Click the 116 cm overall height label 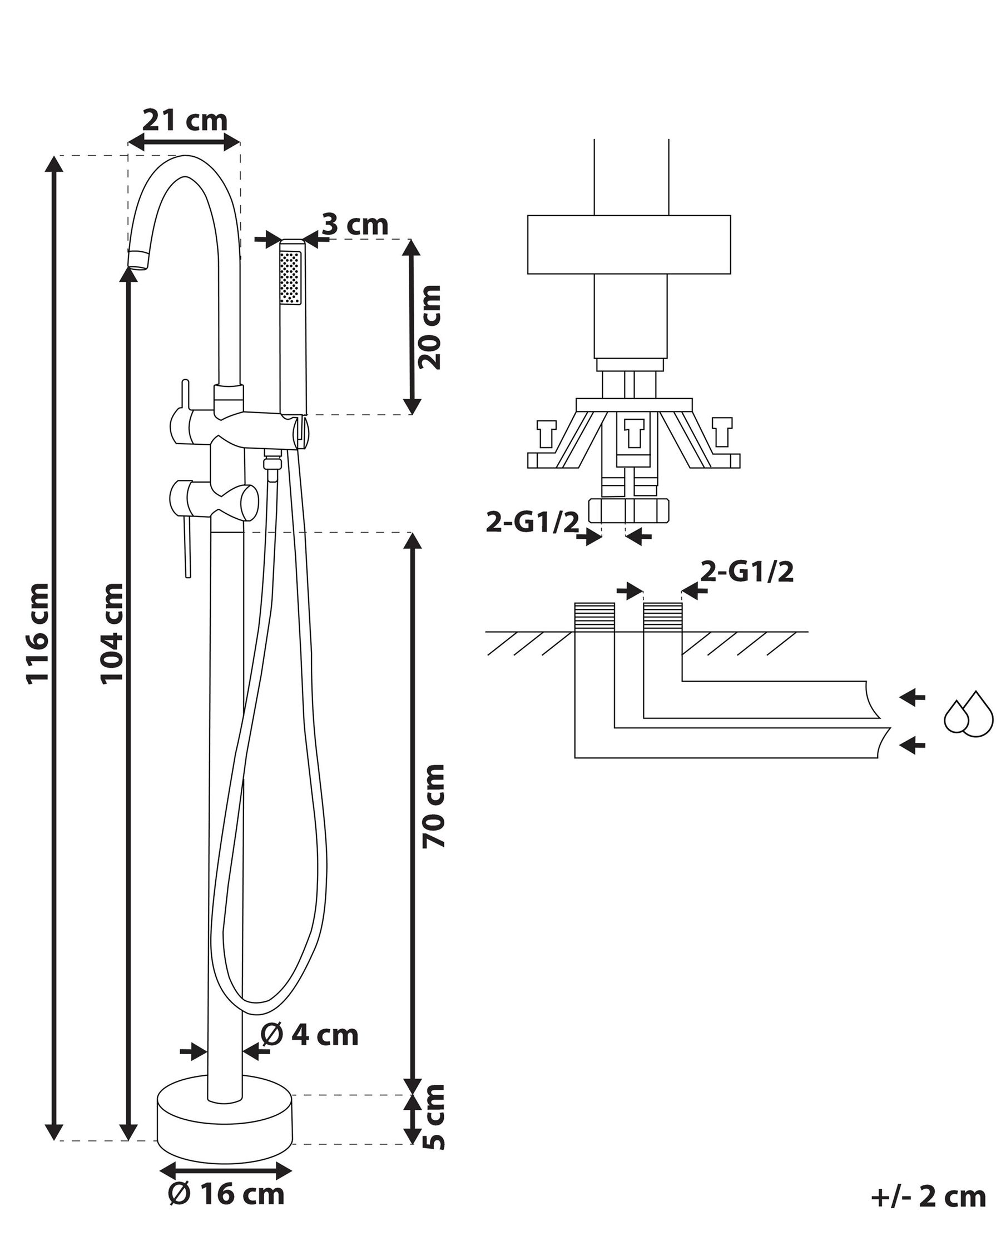coord(39,634)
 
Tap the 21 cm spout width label coord(185,120)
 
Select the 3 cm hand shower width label coord(355,225)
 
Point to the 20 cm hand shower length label coord(430,327)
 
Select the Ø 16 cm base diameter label coord(226,1194)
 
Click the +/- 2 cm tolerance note coord(929,1197)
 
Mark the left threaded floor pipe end coord(594,617)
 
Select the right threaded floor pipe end coord(663,617)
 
